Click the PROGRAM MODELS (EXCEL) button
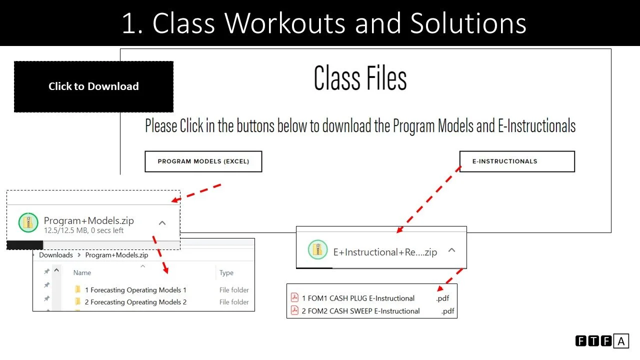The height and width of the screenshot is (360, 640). [x=203, y=161]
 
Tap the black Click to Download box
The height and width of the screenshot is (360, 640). [x=93, y=86]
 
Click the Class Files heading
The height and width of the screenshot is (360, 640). [x=360, y=78]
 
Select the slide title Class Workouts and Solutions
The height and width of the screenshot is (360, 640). [x=324, y=23]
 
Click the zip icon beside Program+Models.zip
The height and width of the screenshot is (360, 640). [x=28, y=222]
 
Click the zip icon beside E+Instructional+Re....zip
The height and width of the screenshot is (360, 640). [x=317, y=250]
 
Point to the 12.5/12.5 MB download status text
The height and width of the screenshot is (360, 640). [x=83, y=231]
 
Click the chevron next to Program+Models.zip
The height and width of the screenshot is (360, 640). [x=162, y=223]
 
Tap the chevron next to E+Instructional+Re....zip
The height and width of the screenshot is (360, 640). [x=451, y=250]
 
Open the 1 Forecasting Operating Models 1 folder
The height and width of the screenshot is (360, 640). [x=135, y=290]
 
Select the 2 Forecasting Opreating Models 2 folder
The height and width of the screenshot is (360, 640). [x=135, y=302]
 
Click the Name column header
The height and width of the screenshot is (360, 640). [x=82, y=273]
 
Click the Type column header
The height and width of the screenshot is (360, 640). [x=226, y=273]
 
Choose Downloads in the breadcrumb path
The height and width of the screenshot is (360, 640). [x=55, y=255]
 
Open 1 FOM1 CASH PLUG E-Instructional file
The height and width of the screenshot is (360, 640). [x=358, y=298]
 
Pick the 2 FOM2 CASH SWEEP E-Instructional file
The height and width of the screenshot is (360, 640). [x=360, y=311]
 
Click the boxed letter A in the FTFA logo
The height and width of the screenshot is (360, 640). [x=621, y=341]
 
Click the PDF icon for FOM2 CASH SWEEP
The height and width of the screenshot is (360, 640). [x=294, y=311]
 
